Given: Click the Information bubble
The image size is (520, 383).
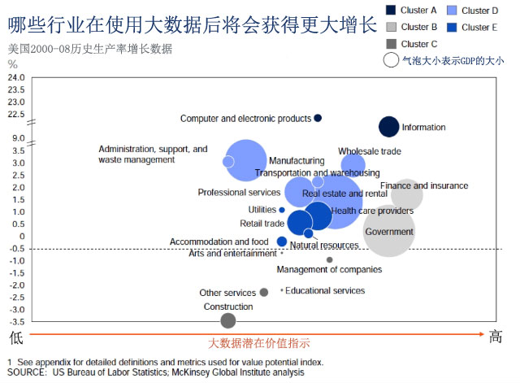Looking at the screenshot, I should tap(389, 127).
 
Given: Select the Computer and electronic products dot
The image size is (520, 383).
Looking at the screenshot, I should tap(318, 118).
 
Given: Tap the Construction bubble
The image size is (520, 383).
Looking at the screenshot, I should tap(228, 320).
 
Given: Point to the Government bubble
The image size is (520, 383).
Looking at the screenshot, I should tap(389, 232).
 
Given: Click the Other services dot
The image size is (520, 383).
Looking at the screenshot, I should tap(264, 292).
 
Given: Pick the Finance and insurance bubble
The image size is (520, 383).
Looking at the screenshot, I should tap(407, 194).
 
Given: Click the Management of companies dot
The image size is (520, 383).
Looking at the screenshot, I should tap(329, 260).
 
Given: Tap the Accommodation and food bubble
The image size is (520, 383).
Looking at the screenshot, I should tap(282, 242).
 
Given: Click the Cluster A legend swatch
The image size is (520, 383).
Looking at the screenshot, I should tap(390, 11).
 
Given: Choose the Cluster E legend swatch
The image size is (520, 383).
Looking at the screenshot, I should tap(452, 27).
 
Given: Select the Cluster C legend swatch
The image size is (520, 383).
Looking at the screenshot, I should tap(390, 44).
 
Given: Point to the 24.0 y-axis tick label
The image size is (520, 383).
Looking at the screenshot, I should tap(16, 78).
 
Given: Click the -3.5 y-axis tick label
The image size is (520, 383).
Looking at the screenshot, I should tap(15, 322).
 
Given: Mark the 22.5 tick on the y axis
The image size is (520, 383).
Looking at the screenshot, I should tap(16, 115).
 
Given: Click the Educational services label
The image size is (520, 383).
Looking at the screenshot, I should tap(325, 290).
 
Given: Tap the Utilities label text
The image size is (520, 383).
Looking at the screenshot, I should tap(262, 210).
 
